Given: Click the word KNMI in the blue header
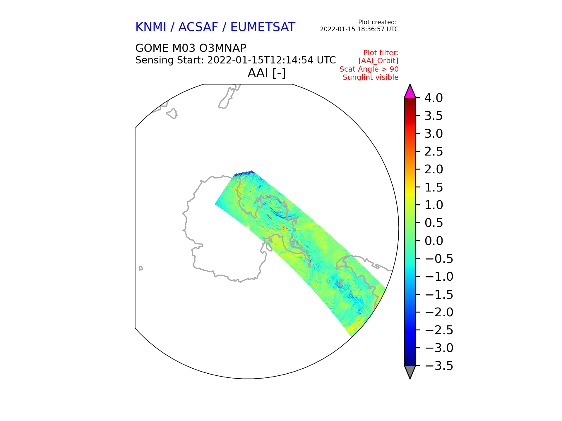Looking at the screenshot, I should point(150,27).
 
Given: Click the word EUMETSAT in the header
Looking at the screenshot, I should point(263,27).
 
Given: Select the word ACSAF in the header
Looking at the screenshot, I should point(198,27).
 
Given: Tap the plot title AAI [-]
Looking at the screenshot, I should point(266,73).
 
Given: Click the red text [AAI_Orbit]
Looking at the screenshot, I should point(378,61).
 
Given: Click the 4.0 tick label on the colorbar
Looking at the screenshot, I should point(434,98).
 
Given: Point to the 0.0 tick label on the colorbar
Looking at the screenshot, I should point(434,241).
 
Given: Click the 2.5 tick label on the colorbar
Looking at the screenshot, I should point(434,152).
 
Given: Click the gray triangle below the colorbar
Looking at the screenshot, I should point(410,371).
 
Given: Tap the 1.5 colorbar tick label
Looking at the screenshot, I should point(434,187).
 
